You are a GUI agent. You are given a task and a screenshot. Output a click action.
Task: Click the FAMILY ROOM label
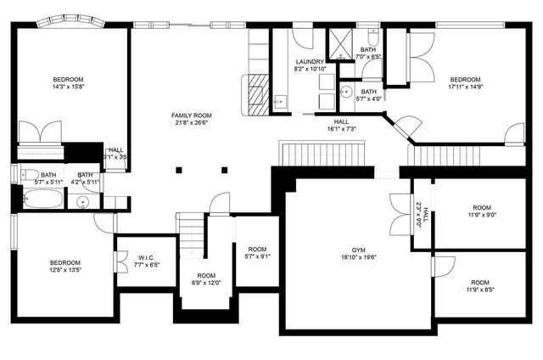click(192, 115)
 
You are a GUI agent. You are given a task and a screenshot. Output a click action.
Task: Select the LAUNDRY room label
click(309, 62)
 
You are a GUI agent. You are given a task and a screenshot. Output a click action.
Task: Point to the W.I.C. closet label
click(144, 256)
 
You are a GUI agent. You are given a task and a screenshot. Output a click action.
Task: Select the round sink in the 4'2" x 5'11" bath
click(82, 202)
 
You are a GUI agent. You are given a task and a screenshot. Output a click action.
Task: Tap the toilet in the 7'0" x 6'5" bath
click(372, 38)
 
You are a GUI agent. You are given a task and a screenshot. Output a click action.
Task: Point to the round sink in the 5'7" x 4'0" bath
click(346, 91)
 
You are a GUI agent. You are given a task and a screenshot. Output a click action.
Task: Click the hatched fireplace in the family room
click(256, 94)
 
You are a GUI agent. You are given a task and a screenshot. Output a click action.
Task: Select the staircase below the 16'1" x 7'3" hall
click(322, 155)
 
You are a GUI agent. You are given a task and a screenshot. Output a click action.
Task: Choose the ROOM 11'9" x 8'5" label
click(480, 285)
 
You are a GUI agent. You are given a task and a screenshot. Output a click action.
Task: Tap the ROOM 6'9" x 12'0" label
click(206, 279)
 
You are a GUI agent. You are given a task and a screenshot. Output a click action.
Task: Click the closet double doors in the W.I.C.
click(115, 255)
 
